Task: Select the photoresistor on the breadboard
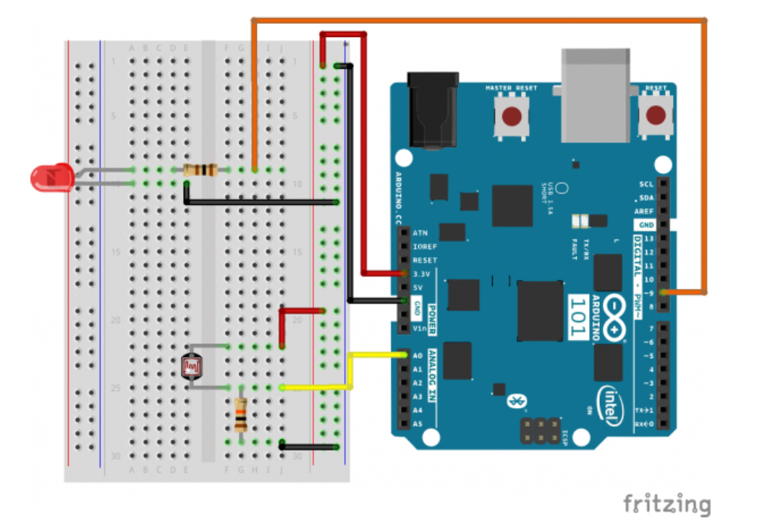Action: [x=191, y=367]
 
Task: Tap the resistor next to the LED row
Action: [x=200, y=170]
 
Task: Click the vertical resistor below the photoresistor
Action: [x=241, y=414]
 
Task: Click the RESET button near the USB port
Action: [x=657, y=115]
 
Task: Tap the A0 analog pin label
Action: [x=418, y=356]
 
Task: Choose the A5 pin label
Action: [x=418, y=424]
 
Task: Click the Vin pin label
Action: [x=419, y=329]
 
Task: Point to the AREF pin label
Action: [x=643, y=212]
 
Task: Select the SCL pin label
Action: [x=646, y=184]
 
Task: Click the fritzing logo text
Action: [x=667, y=504]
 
